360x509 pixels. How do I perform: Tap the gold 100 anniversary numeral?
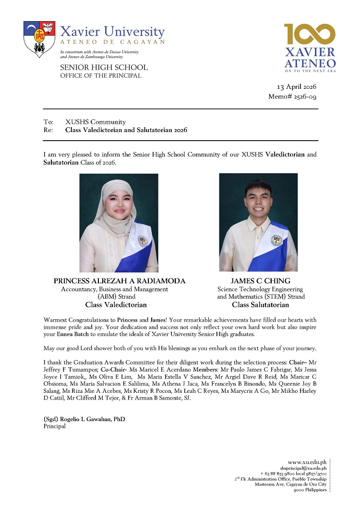point(310,35)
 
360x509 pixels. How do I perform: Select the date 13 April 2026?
point(296,87)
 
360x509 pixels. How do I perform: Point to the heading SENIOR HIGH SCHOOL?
point(104,68)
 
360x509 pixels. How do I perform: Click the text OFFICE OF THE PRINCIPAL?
point(100,75)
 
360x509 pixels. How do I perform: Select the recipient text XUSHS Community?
point(96,122)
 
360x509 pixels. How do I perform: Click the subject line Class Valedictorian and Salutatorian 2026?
point(126,130)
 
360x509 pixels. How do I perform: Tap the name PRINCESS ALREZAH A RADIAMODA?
point(119,281)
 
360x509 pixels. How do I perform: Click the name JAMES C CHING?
point(261,281)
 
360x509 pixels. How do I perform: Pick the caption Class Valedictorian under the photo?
point(116,304)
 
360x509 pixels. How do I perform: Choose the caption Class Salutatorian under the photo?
point(261,304)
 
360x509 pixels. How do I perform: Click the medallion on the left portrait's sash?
point(143,241)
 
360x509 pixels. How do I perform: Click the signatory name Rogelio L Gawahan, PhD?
point(84,419)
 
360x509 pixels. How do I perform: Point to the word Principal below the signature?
point(54,426)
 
